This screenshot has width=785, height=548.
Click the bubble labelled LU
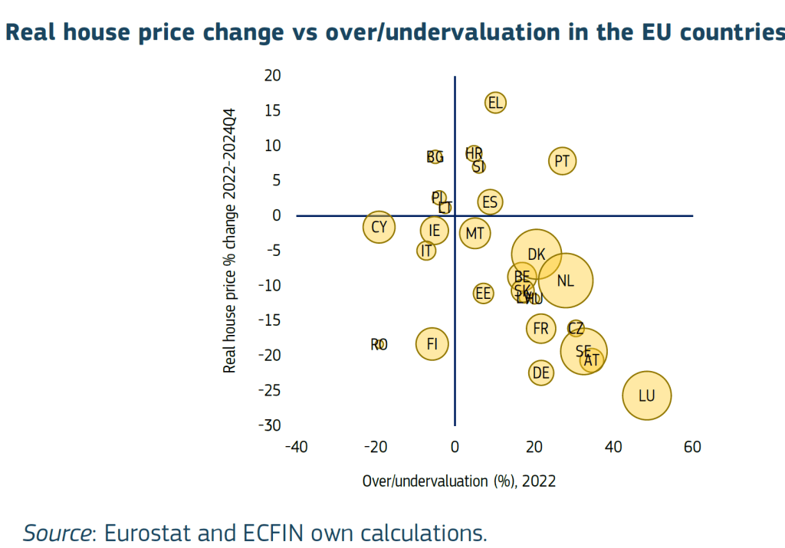[647, 395]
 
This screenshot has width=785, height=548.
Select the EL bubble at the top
[495, 103]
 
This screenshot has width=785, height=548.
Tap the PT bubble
[563, 161]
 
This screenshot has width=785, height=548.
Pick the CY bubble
[379, 228]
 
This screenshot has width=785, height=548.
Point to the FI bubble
[432, 344]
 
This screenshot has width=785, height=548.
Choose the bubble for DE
[541, 373]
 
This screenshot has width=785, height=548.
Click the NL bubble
[566, 281]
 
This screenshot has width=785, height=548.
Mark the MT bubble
[475, 233]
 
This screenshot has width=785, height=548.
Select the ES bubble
[490, 202]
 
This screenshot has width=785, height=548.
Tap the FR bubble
[541, 329]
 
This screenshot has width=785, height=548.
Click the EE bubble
[483, 293]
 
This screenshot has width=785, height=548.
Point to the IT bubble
[427, 251]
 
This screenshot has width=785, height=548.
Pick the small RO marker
[379, 345]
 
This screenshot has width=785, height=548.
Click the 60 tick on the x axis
[692, 448]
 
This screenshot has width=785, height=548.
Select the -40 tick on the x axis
[296, 448]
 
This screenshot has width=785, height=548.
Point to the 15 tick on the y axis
[273, 110]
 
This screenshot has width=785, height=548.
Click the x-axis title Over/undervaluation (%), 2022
[458, 481]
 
